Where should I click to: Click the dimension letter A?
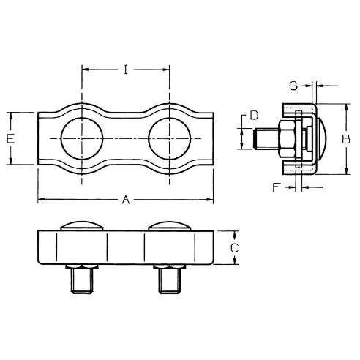126,200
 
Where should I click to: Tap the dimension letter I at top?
126,70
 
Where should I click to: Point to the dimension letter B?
346,139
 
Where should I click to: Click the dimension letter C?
234,248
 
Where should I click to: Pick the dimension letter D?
254,115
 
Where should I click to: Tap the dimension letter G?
293,86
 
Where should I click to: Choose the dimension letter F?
275,187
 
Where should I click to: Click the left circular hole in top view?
82,139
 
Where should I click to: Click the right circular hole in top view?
170,139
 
